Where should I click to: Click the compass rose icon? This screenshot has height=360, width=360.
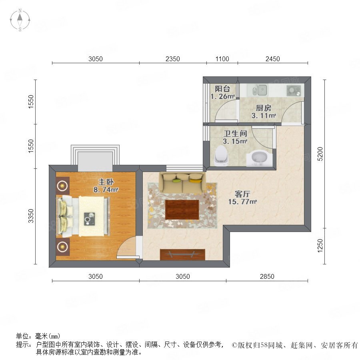point(20,20)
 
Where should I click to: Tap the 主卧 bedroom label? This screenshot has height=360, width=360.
point(106,182)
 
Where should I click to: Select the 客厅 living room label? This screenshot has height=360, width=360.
point(242,194)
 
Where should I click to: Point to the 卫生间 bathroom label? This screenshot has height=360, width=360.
point(235,133)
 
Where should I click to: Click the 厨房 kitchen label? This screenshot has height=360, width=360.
point(264,108)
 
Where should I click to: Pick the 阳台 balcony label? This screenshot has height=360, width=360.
point(222,89)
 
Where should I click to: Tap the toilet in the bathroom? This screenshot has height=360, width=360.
point(221,155)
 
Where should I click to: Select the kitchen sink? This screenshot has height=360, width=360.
point(260,90)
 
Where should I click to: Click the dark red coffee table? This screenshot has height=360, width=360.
point(182,210)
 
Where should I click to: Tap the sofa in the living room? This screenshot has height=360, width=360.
point(182,182)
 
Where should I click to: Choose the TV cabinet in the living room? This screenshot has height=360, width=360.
point(182,254)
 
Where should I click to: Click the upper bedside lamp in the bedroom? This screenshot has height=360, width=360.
point(62,185)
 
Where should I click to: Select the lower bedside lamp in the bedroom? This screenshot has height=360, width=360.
point(62,247)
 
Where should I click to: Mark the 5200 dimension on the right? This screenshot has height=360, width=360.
point(320,154)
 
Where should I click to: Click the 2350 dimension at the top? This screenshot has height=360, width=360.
point(173,59)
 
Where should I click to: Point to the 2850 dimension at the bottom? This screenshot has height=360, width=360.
point(267,276)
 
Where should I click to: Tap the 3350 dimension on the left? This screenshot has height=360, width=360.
point(30,216)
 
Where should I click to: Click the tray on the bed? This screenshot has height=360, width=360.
point(90,219)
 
